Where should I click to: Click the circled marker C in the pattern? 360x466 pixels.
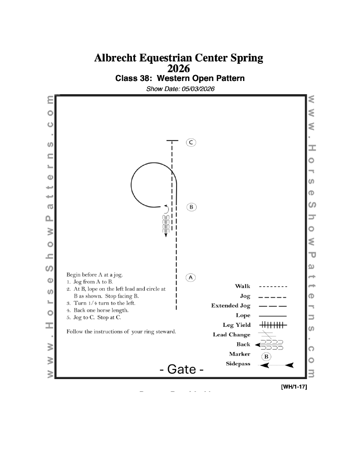pyautogui.click(x=191, y=142)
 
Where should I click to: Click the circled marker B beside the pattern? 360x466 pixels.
pyautogui.click(x=192, y=207)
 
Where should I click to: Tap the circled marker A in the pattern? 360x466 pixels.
pyautogui.click(x=191, y=277)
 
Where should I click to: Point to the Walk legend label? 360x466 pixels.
pyautogui.click(x=243, y=286)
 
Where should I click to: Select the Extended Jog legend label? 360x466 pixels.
pyautogui.click(x=231, y=306)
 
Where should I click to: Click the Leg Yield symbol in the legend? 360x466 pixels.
pyautogui.click(x=273, y=325)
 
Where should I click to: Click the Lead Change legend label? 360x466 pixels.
pyautogui.click(x=232, y=335)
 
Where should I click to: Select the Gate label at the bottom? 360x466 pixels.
pyautogui.click(x=182, y=369)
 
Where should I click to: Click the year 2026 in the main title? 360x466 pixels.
pyautogui.click(x=179, y=69)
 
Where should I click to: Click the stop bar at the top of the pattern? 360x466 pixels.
pyautogui.click(x=172, y=141)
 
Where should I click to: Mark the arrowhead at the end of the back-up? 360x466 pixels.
pyautogui.click(x=166, y=235)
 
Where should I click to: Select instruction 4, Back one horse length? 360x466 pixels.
pyautogui.click(x=101, y=310)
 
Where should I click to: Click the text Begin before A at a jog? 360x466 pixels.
pyautogui.click(x=95, y=274)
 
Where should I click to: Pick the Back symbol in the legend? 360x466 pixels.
pyautogui.click(x=269, y=345)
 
